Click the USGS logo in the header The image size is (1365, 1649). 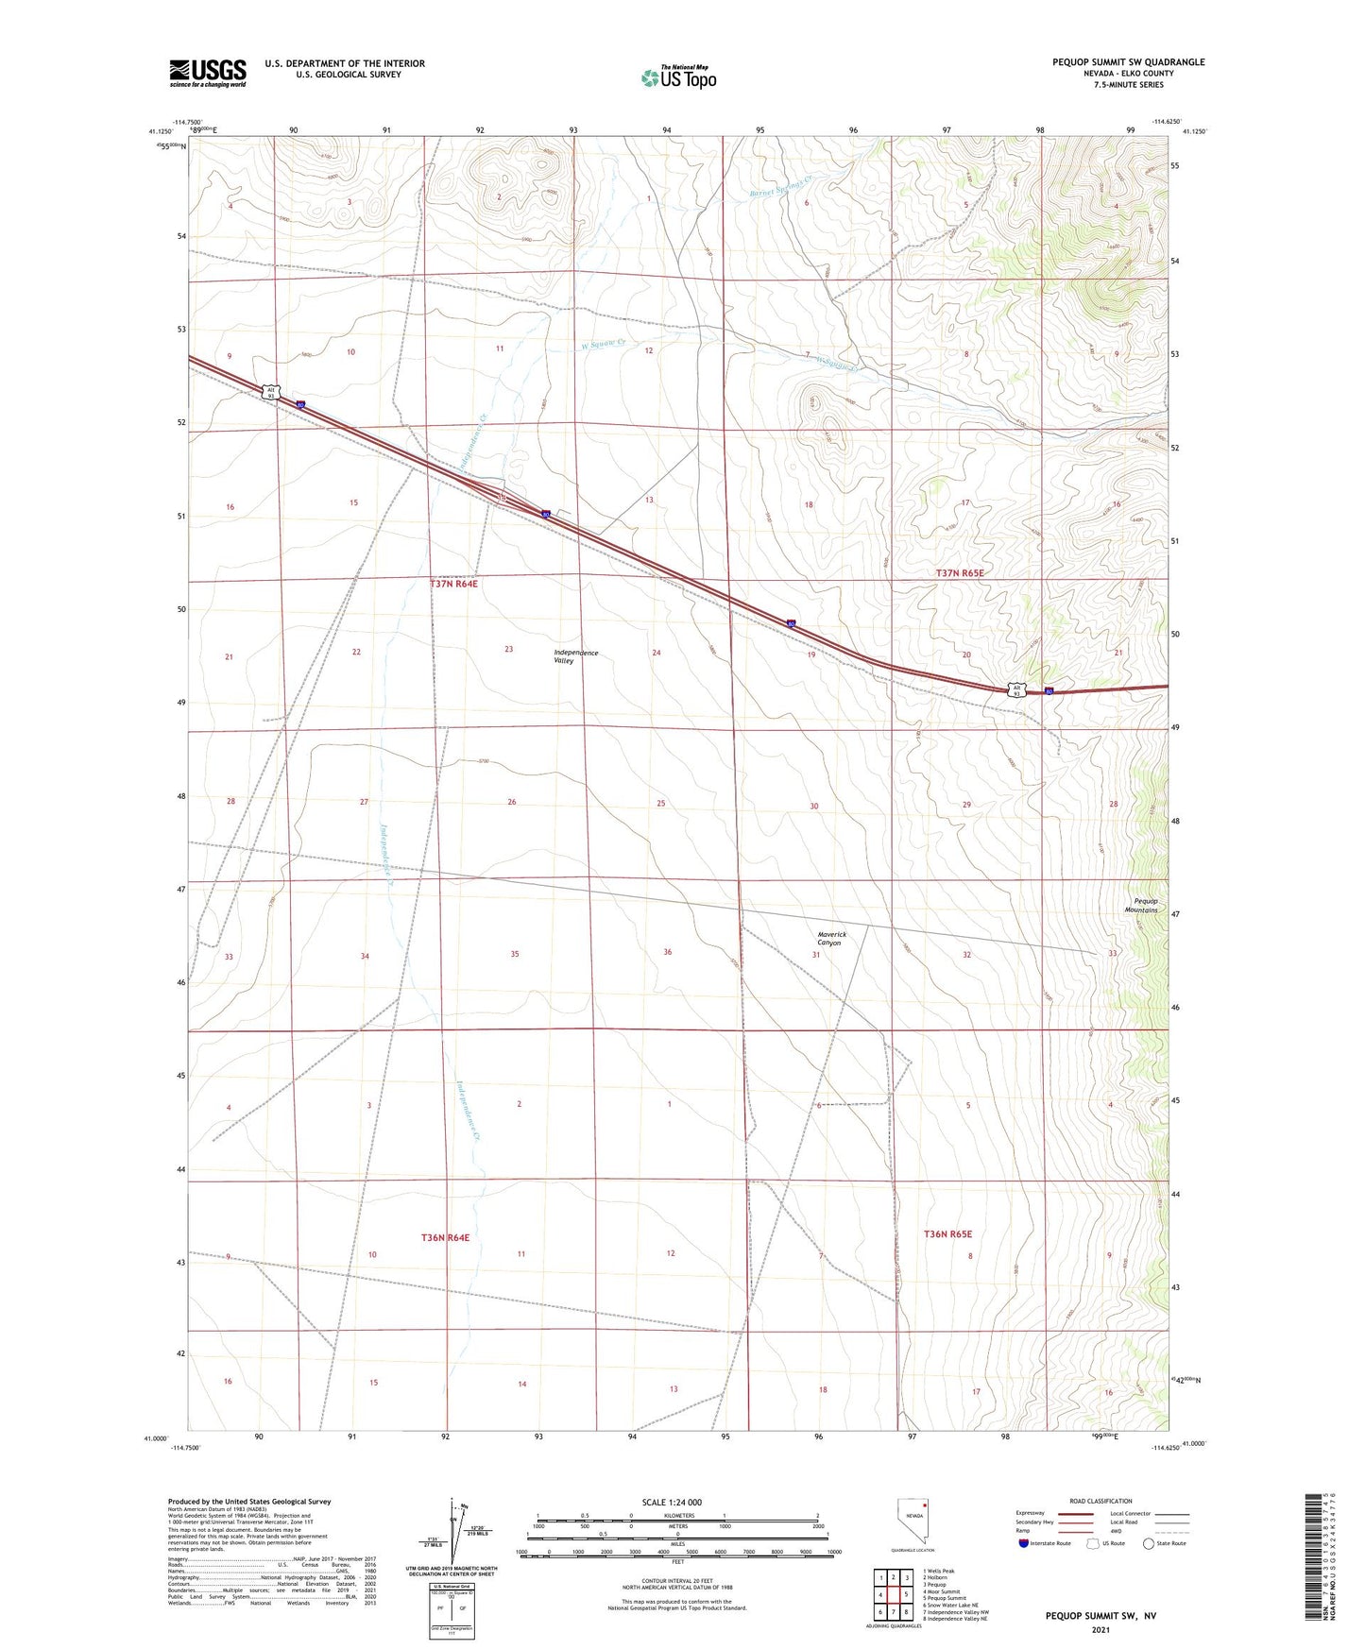click(208, 72)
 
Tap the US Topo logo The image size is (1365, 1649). click(678, 77)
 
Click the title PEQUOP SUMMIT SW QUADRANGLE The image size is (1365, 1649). click(1128, 62)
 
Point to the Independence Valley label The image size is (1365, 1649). click(575, 656)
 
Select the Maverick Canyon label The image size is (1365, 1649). click(831, 939)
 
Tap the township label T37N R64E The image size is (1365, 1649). click(454, 584)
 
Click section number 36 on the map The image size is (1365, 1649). click(667, 952)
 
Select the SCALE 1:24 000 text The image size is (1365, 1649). click(672, 1502)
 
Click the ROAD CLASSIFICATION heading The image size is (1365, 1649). click(1101, 1501)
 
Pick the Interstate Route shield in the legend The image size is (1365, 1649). click(1024, 1543)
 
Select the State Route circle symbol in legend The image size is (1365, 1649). click(1149, 1543)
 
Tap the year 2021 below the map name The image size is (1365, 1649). click(1100, 1630)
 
